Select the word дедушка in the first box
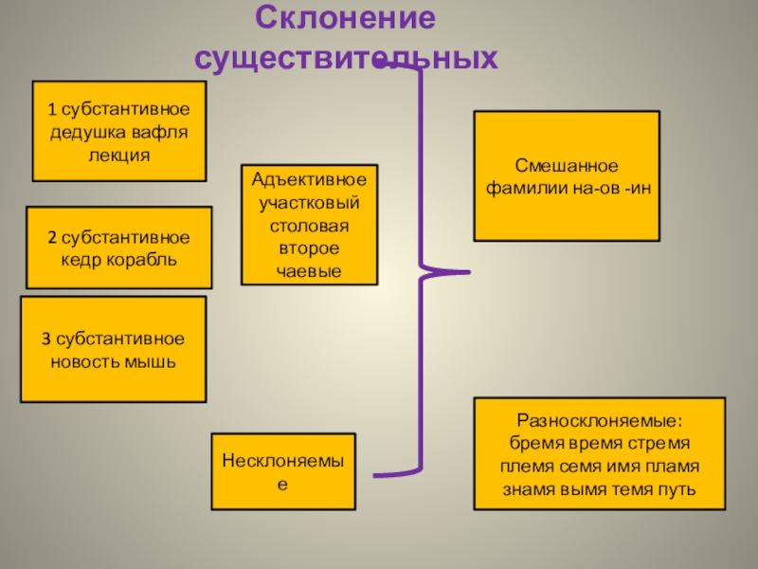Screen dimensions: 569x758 88,132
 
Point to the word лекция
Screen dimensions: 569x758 119,153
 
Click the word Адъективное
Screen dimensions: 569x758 309,179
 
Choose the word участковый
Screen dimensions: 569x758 309,202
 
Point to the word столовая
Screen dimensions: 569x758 309,226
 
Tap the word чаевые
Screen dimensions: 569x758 309,271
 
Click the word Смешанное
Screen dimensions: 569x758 567,166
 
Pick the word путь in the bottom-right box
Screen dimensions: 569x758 678,489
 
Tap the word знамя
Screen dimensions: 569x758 528,489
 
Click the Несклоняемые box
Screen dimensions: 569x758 282,471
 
